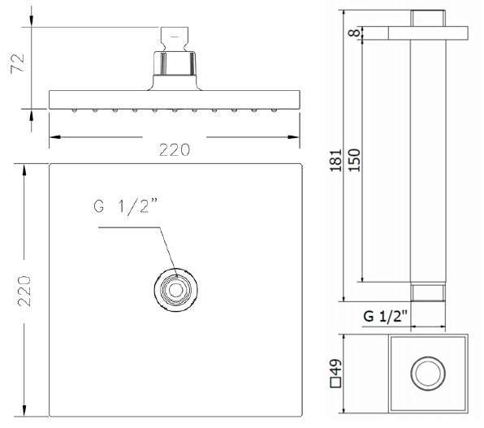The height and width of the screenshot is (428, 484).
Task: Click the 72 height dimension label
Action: pos(17,63)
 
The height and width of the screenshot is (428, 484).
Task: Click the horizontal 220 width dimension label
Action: pos(175,150)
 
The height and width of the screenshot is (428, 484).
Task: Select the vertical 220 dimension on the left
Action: pos(24,291)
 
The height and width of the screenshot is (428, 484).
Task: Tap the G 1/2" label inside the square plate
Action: pos(125,205)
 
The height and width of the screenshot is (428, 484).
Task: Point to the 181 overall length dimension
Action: pos(336,161)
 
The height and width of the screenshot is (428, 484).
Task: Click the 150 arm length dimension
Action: pos(354,160)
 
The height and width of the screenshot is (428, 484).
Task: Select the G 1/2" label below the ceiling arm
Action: pos(385,316)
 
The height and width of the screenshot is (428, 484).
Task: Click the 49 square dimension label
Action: pos(336,367)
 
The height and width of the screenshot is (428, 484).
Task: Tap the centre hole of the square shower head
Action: pos(175,290)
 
